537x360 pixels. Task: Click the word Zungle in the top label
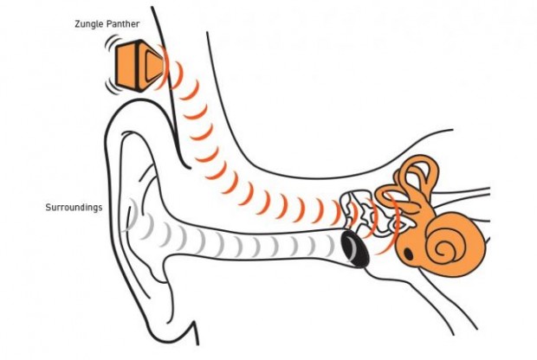[87, 24]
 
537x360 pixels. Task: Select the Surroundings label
[74, 208]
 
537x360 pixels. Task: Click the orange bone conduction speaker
[139, 67]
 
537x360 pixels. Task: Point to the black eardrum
[355, 248]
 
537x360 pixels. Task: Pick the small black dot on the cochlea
[409, 254]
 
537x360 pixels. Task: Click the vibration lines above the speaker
[112, 42]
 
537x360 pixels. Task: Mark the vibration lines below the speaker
[112, 87]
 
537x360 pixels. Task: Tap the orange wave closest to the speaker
[164, 67]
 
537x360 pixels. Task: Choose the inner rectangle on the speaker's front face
[153, 66]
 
